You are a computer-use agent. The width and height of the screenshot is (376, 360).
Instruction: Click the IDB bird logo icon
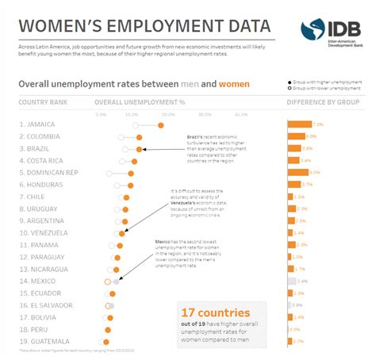pyautogui.click(x=311, y=31)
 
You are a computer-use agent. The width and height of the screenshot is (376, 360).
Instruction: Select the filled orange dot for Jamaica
pyautogui.click(x=161, y=124)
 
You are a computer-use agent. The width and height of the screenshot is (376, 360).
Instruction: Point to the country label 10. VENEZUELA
pyautogui.click(x=47, y=233)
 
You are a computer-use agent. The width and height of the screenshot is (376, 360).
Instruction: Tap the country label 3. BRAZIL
pyautogui.click(x=37, y=149)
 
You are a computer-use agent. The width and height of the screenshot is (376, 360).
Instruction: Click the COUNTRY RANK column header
pyautogui.click(x=41, y=102)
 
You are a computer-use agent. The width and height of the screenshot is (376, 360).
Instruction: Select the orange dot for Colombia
pyautogui.click(x=140, y=137)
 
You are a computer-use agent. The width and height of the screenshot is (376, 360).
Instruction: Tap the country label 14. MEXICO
pyautogui.click(x=40, y=281)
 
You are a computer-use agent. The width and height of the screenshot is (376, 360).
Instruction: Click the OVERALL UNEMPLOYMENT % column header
pyautogui.click(x=139, y=102)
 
